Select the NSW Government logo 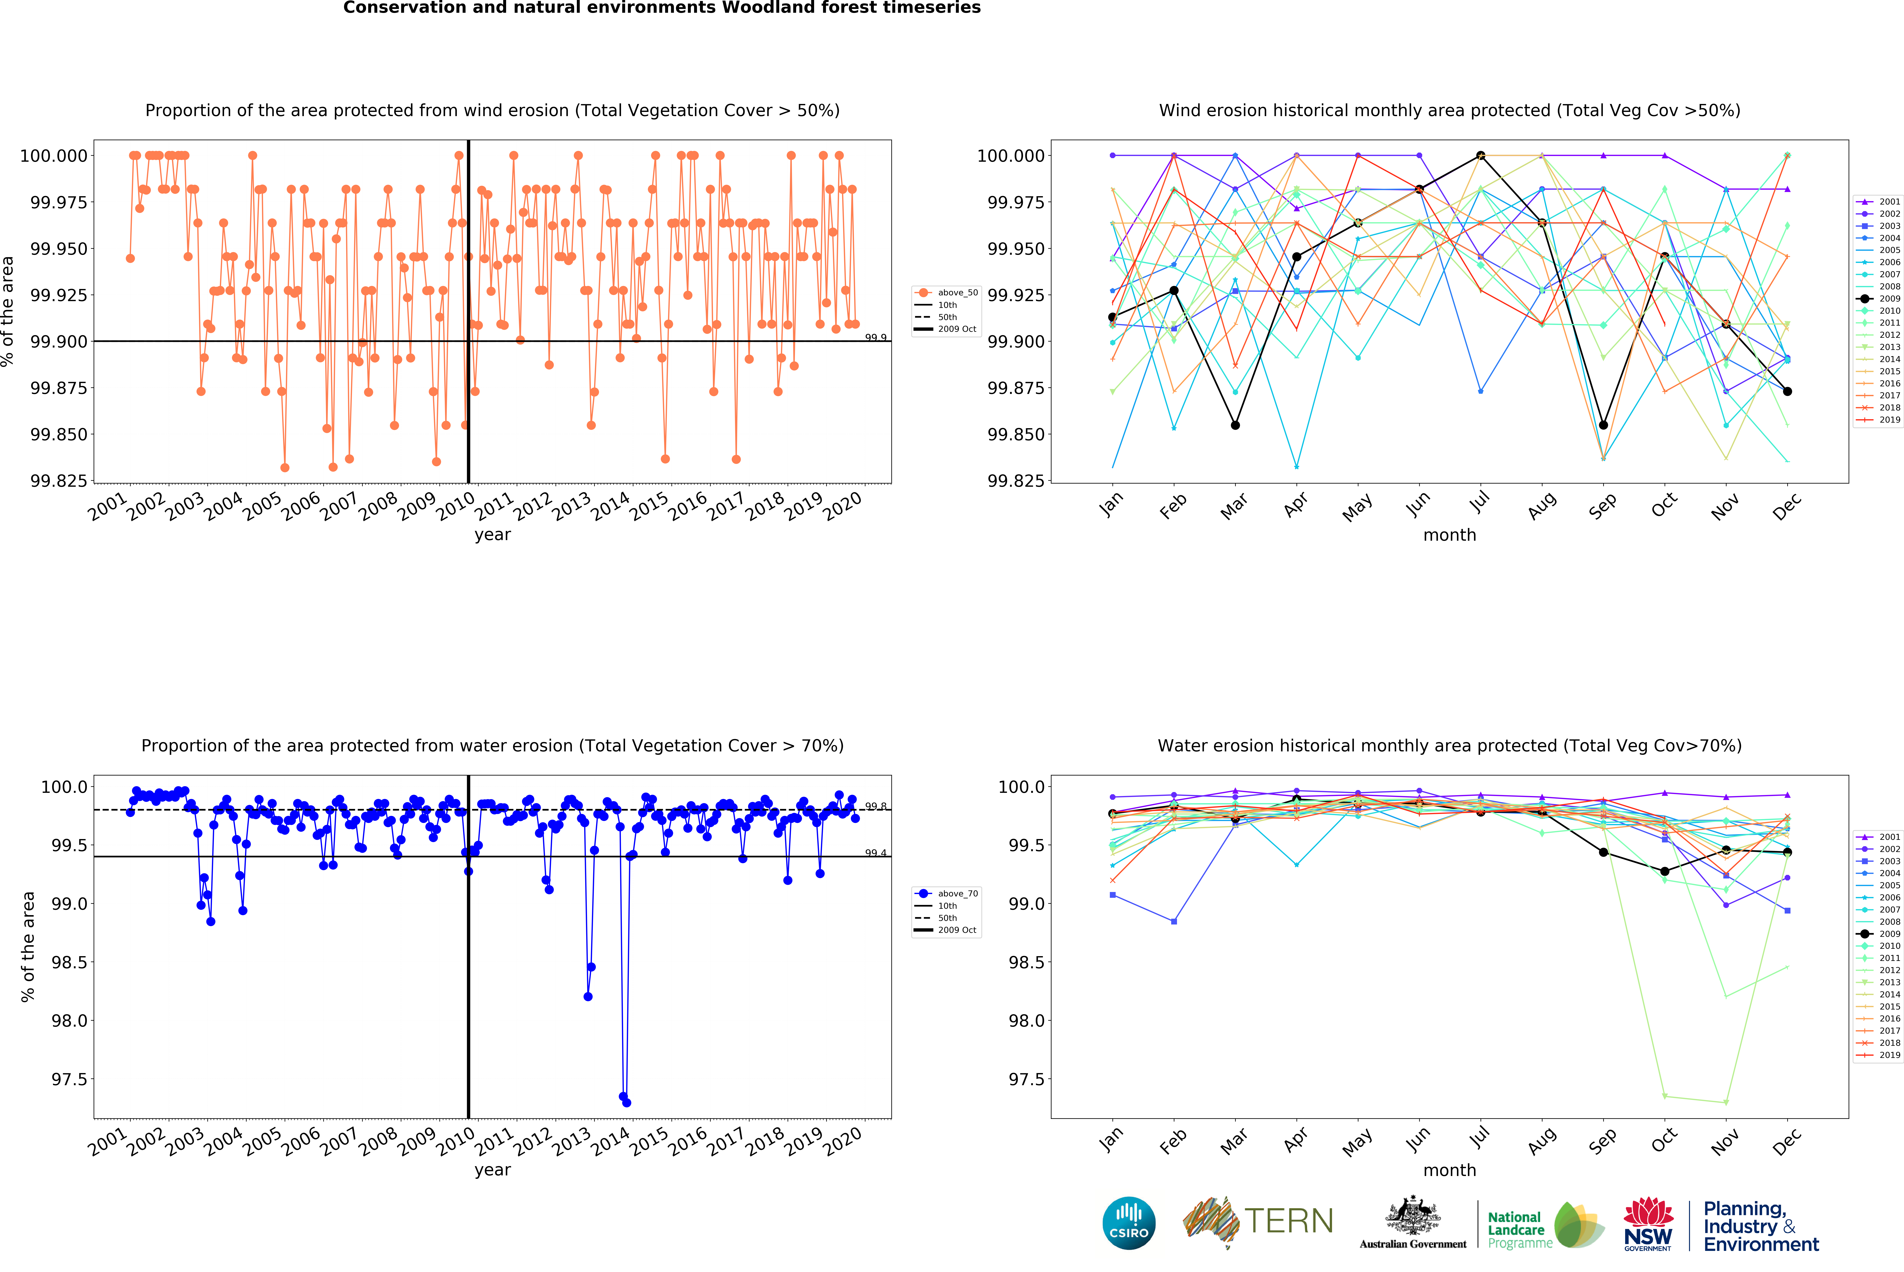1648,1225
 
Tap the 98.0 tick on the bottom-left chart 69,1020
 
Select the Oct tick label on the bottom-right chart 1663,1140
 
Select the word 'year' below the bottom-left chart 492,1170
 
